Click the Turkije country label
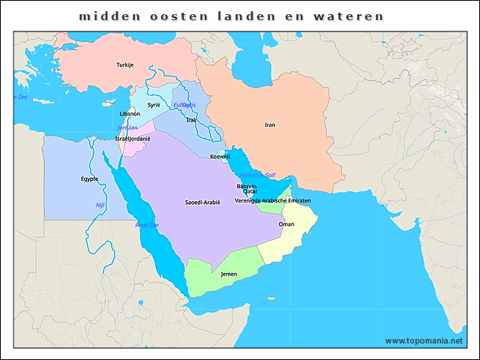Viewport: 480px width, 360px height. click(124, 65)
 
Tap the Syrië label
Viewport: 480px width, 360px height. click(154, 105)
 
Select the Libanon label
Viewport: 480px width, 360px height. click(130, 114)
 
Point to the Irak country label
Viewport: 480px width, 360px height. click(191, 120)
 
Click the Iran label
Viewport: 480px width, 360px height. click(270, 124)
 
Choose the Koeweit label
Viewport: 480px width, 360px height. click(220, 157)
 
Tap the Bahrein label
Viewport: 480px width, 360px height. click(246, 186)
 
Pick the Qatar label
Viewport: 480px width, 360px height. click(250, 192)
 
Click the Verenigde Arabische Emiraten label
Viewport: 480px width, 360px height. click(272, 201)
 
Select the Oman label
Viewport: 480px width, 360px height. click(286, 224)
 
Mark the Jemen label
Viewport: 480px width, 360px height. click(229, 274)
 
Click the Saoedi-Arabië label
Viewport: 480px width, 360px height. click(202, 202)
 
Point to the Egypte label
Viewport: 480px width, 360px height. click(89, 179)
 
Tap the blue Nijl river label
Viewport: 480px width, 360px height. click(100, 205)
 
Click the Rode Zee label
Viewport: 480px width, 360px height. click(146, 225)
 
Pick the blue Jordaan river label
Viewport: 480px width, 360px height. click(127, 128)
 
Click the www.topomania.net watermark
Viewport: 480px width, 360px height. click(424, 341)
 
